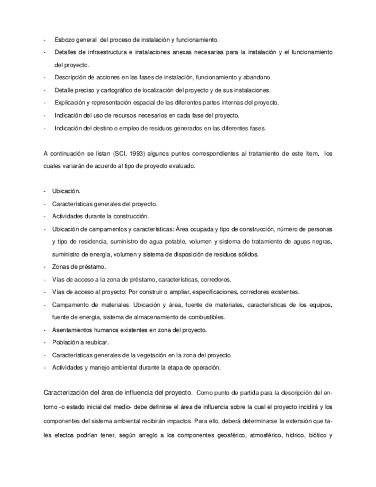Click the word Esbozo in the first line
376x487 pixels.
pos(64,40)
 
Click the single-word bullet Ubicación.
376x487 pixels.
pos(66,191)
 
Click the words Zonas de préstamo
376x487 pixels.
pos(74,267)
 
